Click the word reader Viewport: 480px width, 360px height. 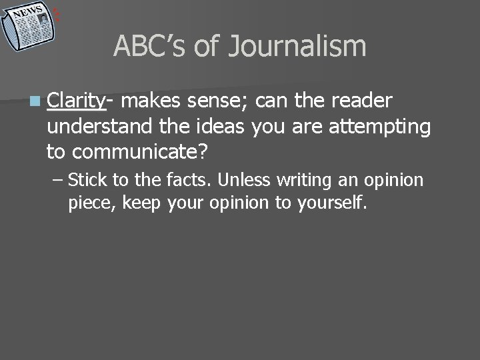click(360, 101)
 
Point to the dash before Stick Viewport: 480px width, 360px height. click(57, 179)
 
